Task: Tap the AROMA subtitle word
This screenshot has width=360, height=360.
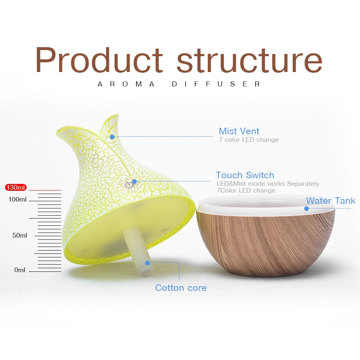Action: point(126,84)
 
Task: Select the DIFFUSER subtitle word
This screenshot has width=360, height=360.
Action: point(216,84)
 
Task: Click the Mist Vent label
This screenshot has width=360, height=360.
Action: point(239,131)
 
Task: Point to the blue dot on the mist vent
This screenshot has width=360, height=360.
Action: point(112,137)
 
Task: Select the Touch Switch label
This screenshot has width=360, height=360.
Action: point(245,175)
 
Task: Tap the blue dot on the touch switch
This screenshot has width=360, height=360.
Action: point(134,182)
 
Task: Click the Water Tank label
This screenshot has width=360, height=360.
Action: point(330,201)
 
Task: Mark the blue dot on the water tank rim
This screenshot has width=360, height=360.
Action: point(306,208)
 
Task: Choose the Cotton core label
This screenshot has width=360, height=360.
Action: point(181,288)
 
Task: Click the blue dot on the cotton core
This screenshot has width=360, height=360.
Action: point(147,263)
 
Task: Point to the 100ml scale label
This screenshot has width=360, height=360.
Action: point(18,199)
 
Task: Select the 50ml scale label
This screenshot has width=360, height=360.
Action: point(19,235)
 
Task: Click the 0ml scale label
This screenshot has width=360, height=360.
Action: point(20,270)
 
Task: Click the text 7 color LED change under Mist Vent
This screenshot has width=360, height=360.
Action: point(248,140)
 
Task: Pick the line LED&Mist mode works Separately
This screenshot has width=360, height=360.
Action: point(267,184)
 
